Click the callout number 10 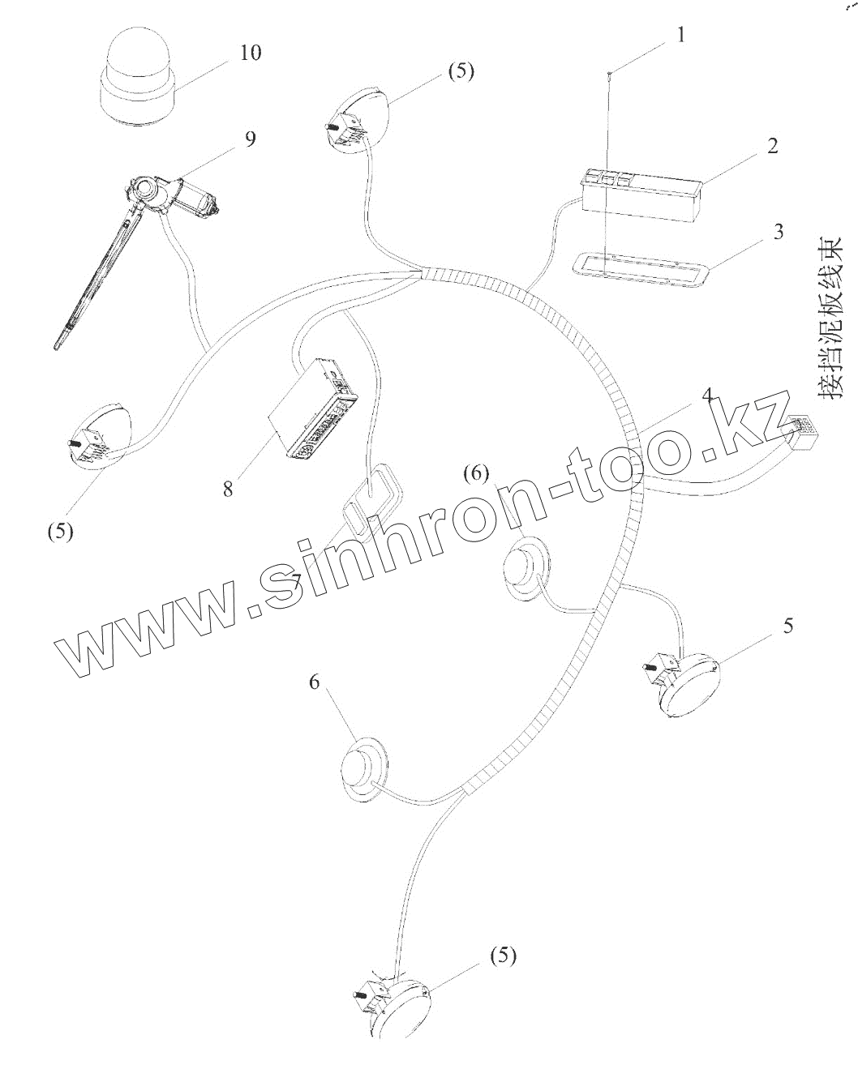tap(251, 53)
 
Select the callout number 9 tap(249, 139)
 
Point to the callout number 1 tap(680, 35)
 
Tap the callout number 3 tap(778, 232)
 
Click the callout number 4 tap(706, 396)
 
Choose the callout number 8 tap(228, 490)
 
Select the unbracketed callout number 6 tap(315, 682)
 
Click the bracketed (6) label tap(476, 472)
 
